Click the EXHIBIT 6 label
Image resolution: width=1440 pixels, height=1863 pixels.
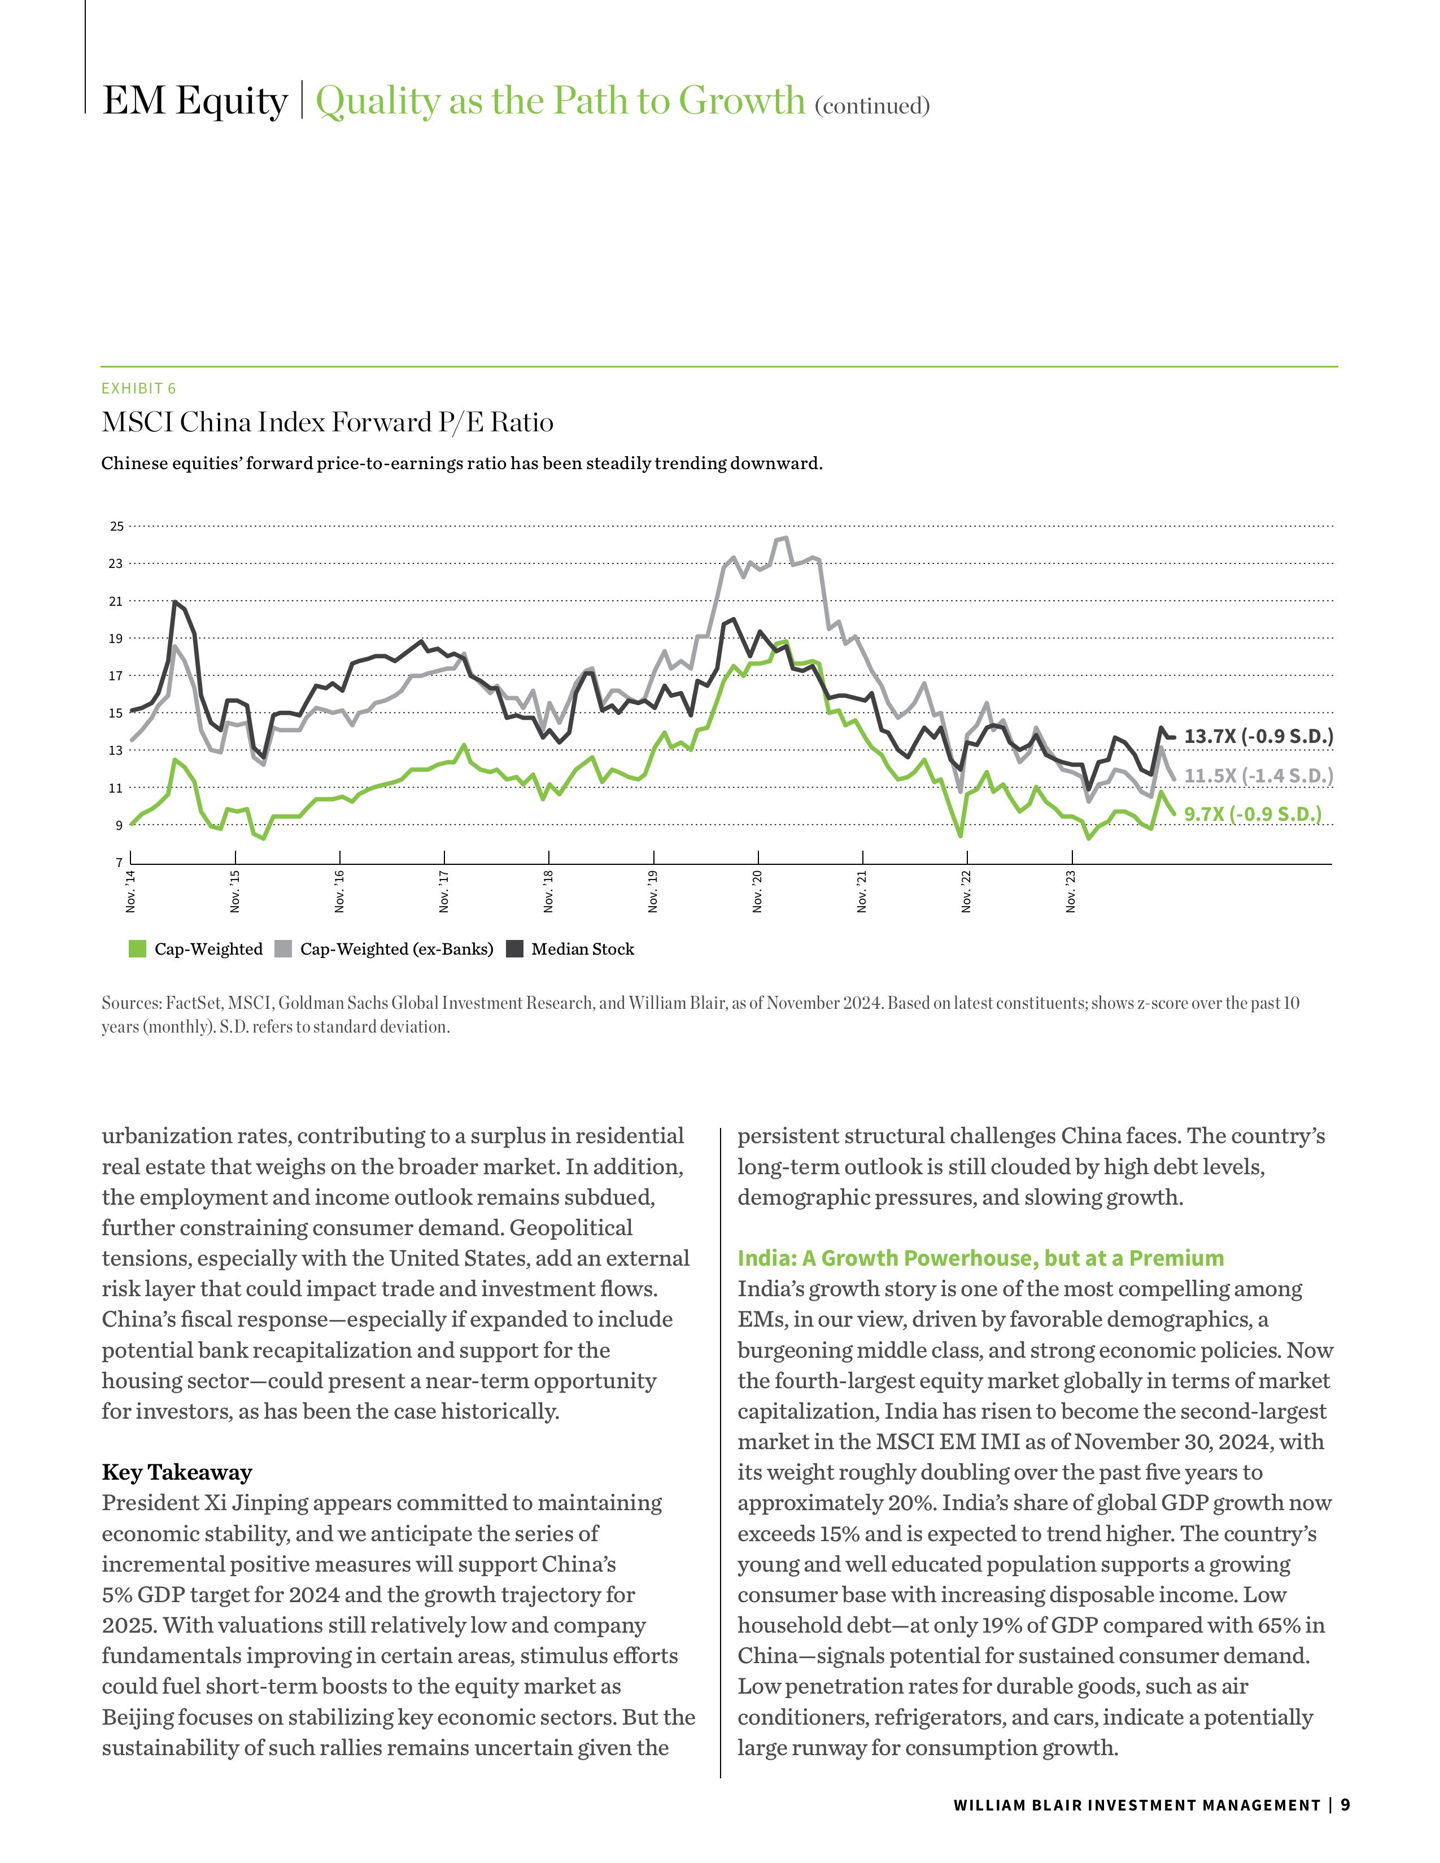pos(138,389)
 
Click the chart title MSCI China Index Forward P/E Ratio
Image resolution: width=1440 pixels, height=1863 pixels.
pos(327,422)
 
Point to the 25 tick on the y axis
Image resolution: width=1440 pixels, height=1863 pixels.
pos(117,526)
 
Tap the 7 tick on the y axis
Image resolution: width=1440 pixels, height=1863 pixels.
pos(119,863)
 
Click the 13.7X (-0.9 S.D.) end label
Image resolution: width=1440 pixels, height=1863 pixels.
pos(1258,736)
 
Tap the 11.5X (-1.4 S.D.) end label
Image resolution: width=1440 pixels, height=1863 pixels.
pos(1258,775)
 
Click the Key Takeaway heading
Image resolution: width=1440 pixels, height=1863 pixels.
pos(177,1472)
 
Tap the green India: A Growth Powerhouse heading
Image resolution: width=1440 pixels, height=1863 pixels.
pos(980,1258)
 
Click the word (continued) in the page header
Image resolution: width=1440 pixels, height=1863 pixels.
pos(872,106)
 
